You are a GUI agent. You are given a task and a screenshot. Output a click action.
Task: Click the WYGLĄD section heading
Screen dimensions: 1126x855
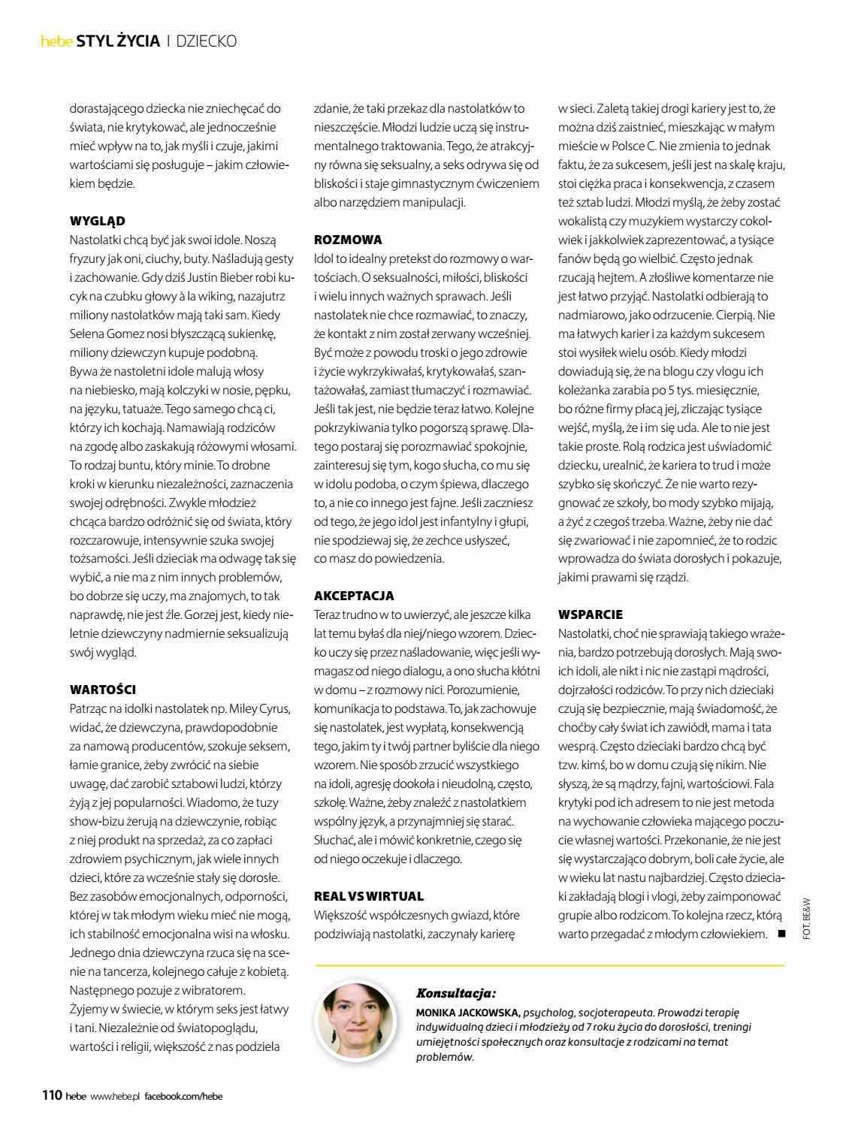98,221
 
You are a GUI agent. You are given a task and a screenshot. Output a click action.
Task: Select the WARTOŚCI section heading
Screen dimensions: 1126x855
103,690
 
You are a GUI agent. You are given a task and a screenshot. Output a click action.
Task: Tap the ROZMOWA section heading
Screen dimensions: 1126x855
348,240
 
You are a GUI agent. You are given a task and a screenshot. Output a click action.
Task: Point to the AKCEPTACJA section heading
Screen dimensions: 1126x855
354,596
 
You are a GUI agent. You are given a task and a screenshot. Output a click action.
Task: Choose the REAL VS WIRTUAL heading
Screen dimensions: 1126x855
369,896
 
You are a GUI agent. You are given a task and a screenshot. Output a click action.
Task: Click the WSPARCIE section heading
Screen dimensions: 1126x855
591,614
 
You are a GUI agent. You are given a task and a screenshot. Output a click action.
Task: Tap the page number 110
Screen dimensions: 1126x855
51,1095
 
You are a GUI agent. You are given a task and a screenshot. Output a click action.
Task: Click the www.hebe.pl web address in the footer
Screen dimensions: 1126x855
115,1096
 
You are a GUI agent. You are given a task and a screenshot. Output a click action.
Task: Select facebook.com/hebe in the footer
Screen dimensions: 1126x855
183,1096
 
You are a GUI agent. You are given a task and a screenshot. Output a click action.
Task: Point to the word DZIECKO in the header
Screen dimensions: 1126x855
207,41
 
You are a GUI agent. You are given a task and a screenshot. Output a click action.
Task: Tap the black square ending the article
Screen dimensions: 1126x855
781,934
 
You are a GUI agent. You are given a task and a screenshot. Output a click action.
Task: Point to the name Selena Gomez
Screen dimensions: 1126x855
104,334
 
